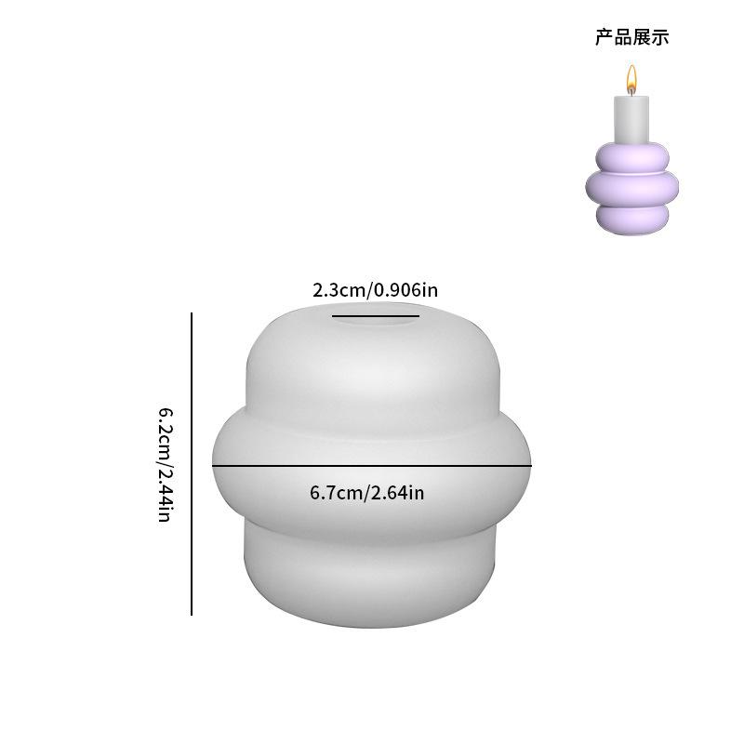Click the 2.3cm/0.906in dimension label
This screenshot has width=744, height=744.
click(374, 290)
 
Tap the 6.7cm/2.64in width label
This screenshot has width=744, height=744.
click(366, 492)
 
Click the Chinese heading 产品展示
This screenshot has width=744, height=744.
click(631, 38)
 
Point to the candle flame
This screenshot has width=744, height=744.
click(631, 79)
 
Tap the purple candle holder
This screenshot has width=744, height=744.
click(631, 186)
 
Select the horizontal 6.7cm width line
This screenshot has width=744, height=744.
click(372, 464)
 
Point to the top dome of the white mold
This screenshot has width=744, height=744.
click(372, 363)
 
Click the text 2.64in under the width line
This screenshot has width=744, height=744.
click(397, 492)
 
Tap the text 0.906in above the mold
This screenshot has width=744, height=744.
click(405, 290)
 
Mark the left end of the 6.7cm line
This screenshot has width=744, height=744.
click(213, 464)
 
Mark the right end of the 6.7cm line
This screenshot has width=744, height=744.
click(531, 464)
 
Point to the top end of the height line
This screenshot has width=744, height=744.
click(192, 313)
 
